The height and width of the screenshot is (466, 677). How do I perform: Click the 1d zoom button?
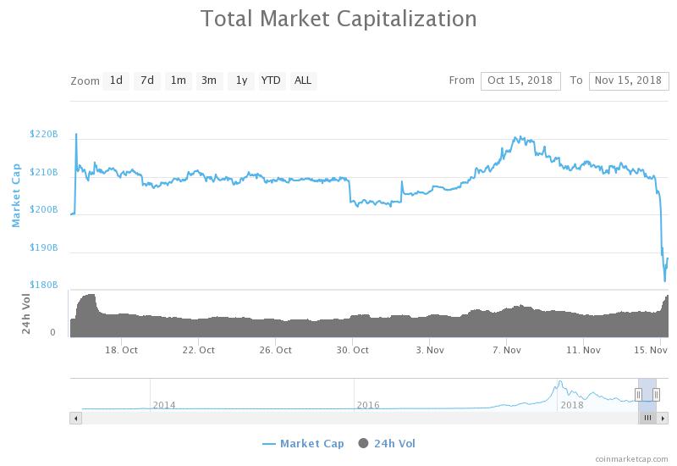pos(116,80)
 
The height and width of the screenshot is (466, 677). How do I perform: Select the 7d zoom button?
pos(147,80)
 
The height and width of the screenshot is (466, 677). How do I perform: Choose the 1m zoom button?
pos(178,80)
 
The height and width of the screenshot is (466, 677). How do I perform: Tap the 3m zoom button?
pos(208,80)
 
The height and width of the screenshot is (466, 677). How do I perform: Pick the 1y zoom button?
pos(241,80)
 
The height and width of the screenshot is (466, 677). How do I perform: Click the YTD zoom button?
pos(271,80)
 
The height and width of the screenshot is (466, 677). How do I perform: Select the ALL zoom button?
pos(302,80)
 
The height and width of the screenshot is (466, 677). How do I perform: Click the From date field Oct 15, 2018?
pos(520,80)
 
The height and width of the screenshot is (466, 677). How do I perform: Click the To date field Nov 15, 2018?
pos(628,80)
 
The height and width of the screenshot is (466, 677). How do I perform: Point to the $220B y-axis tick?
pos(43,134)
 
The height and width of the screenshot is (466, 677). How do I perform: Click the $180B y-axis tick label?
pos(43,286)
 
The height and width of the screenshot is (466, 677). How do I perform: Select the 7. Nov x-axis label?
pos(506,349)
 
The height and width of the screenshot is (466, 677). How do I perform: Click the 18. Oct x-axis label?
pos(123,349)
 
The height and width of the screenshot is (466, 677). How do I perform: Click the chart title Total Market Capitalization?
pos(338,19)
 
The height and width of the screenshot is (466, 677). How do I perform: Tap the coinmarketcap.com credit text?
pos(632,458)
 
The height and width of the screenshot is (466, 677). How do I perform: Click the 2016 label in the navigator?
pos(367,405)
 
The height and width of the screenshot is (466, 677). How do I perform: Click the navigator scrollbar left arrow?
pos(75,418)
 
